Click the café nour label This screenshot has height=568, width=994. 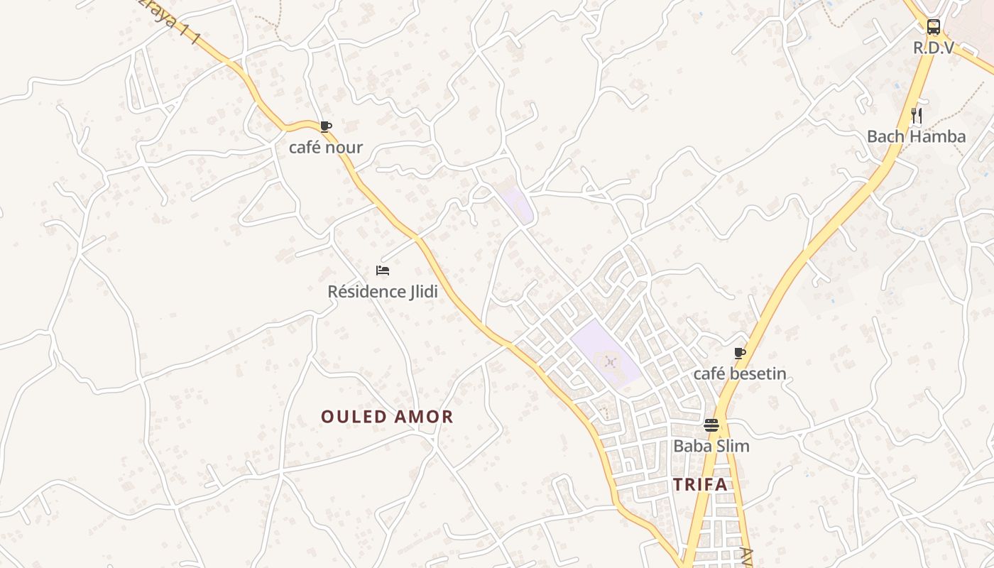(326, 148)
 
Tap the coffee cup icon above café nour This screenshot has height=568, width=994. (325, 127)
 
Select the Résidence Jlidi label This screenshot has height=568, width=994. (383, 292)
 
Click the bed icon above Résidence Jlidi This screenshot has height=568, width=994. (383, 271)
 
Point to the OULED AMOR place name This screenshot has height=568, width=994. (387, 417)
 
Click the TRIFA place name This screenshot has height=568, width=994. (701, 485)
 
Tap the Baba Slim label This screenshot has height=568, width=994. (711, 447)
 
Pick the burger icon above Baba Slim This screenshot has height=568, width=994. (711, 425)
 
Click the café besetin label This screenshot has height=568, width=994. (740, 374)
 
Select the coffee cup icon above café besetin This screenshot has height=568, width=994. (740, 353)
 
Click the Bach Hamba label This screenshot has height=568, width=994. (917, 136)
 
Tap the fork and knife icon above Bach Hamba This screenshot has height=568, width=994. (917, 115)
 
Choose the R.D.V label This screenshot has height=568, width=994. (934, 48)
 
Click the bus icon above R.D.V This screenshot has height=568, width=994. (934, 28)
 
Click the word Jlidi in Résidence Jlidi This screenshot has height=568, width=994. (424, 292)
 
